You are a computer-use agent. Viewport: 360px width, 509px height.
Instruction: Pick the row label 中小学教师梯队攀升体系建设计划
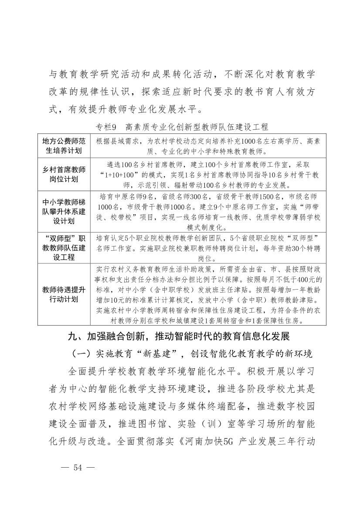pyautogui.click(x=64, y=211)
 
